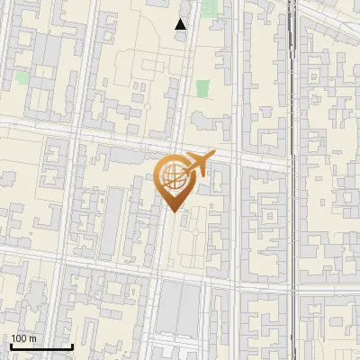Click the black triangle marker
tap(181, 24)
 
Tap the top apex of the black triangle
tap(181, 18)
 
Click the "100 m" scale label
tap(23, 338)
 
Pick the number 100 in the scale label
tap(19, 338)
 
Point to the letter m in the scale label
tap(33, 338)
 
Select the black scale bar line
tap(40, 347)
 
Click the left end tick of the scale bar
tap(10, 346)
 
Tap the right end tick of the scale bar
tap(72, 346)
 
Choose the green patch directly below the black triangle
tap(203, 88)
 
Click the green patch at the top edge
tap(210, 8)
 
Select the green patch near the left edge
tap(21, 77)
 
